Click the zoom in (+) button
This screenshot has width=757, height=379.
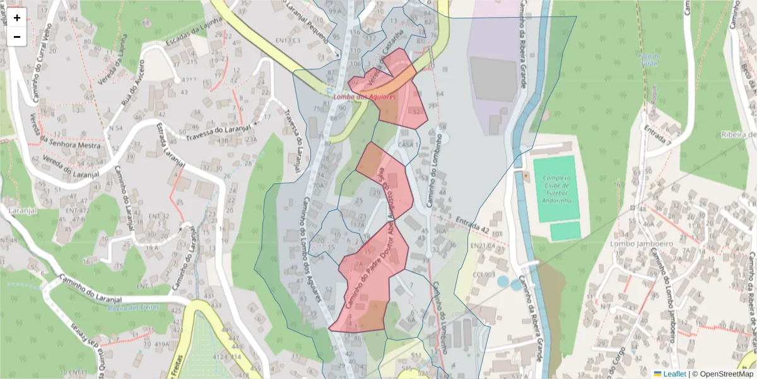coord(17,18)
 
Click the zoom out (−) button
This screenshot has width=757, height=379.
coord(17,37)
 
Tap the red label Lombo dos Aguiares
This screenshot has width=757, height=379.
coord(365,97)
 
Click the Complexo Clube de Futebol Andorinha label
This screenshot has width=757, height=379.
coord(556,189)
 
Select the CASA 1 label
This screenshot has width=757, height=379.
coord(409,145)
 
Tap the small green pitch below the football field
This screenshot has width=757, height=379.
coord(565,231)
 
